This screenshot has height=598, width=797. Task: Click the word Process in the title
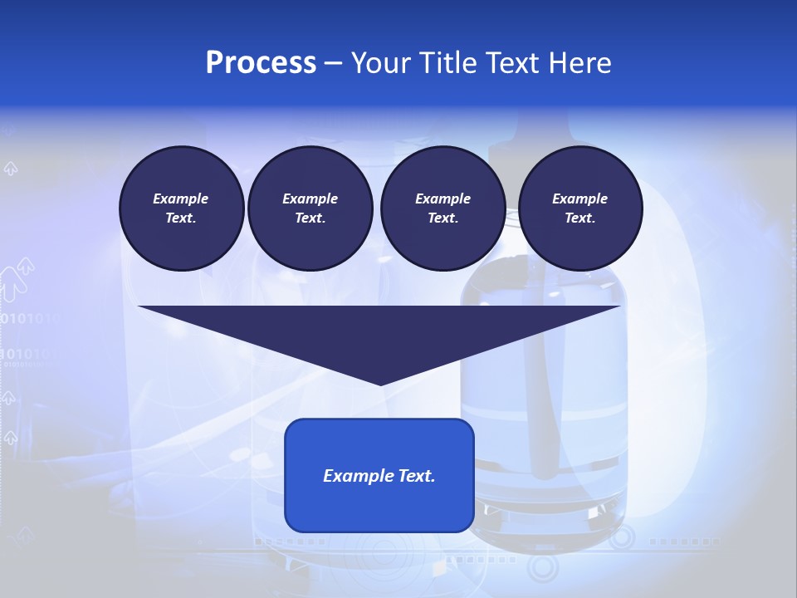click(261, 63)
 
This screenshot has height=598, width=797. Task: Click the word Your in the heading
click(379, 63)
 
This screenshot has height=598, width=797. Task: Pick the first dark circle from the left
click(182, 208)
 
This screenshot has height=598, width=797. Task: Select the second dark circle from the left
click(310, 208)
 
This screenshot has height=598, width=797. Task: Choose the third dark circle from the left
click(443, 208)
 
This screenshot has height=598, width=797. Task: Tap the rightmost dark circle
click(580, 208)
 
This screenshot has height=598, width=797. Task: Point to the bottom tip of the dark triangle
click(380, 384)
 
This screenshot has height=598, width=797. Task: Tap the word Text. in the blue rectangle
click(416, 476)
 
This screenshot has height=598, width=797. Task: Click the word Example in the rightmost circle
click(580, 199)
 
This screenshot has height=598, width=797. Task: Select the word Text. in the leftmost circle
click(182, 218)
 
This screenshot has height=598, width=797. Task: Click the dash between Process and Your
click(333, 64)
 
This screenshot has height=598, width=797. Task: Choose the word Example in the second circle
click(310, 199)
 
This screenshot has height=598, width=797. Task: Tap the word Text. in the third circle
click(443, 218)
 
